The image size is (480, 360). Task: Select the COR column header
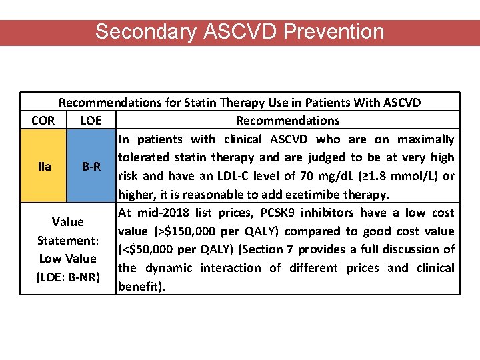(x=43, y=121)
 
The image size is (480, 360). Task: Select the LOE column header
(x=91, y=121)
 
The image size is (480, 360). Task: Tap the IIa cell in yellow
(x=44, y=165)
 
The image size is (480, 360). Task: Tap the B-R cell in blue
(x=91, y=165)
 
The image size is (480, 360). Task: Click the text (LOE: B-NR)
(x=67, y=277)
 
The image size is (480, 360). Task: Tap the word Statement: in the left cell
(x=67, y=240)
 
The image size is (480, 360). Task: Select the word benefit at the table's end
(x=138, y=286)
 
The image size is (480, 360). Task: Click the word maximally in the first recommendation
(x=425, y=139)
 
